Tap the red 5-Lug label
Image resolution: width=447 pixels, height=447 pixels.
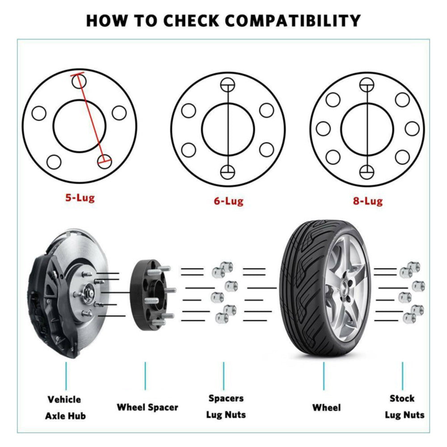80,197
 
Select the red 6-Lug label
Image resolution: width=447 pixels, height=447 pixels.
228,201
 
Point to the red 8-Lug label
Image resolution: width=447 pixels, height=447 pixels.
367,201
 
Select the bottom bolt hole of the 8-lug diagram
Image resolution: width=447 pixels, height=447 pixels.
367,171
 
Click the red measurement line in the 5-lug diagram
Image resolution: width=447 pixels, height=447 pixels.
92,118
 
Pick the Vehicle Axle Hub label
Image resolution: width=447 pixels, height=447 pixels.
65,407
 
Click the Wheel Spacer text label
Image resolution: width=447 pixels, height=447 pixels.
147,407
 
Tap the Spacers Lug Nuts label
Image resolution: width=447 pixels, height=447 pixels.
226,406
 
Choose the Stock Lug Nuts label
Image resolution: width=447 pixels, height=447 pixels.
404,406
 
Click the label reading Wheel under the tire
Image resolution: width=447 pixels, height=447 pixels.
326,407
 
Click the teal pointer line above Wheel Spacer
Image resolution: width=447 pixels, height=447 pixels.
145,375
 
